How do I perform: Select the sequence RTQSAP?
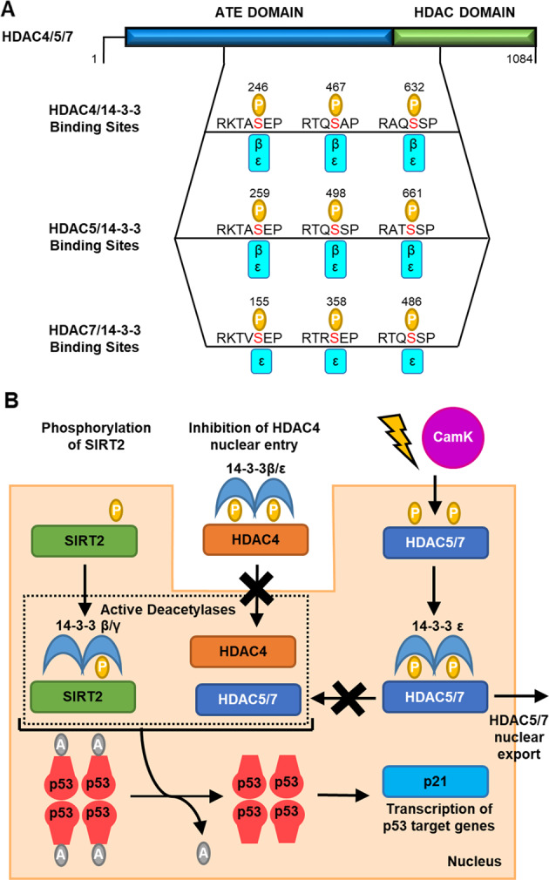tap(335, 122)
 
